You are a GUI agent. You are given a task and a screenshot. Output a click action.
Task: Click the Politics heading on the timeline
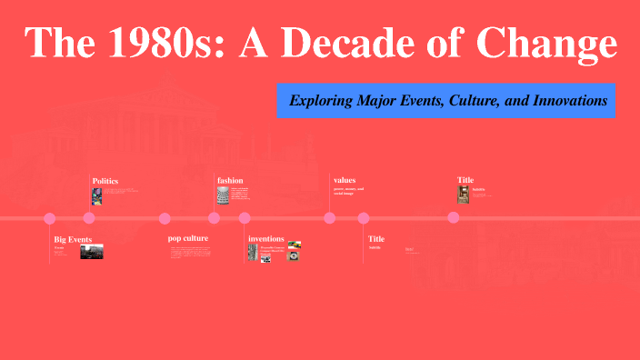coord(105,181)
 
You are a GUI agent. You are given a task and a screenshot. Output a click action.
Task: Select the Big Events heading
coord(73,239)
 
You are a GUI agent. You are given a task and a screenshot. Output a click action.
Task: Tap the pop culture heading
coord(188,238)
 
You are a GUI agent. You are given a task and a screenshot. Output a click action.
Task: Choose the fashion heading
coord(230,180)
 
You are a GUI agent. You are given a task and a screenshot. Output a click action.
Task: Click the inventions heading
coord(266,238)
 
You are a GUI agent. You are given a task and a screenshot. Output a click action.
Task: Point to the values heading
coord(345,180)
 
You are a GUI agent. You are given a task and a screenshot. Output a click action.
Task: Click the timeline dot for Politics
coord(89,218)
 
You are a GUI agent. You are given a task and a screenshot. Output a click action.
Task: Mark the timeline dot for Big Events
coord(50,218)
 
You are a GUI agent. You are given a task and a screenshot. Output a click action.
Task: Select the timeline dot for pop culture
coord(165,218)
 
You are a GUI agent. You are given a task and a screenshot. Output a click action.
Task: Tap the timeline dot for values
coord(330,218)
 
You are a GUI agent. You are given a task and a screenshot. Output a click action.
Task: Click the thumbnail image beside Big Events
coord(92,252)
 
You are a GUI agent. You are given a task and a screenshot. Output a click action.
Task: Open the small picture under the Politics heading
coord(96,195)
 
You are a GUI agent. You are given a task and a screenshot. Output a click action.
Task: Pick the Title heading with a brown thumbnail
coord(465,180)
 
